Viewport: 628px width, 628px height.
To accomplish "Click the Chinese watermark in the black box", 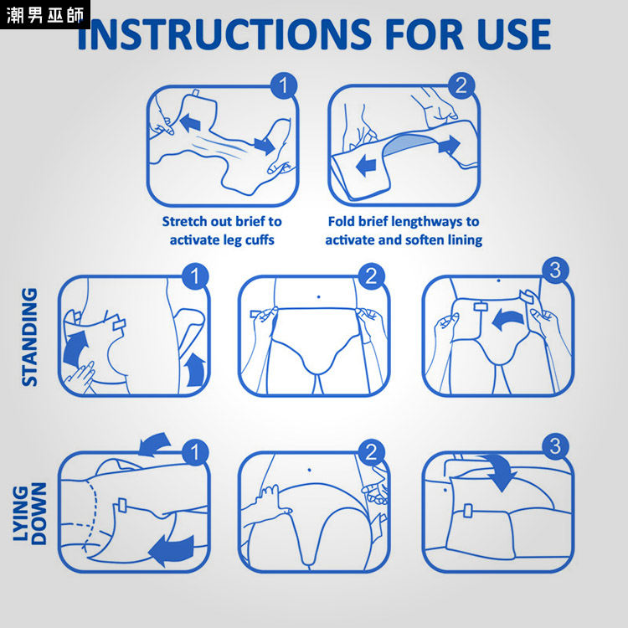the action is click(x=45, y=15).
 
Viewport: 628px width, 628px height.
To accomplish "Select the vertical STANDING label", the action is click(x=29, y=337).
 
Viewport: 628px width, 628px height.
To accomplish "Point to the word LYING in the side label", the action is click(x=21, y=513).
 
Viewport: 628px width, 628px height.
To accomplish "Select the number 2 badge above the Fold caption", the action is click(x=461, y=85).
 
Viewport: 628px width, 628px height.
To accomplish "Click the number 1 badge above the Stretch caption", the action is click(x=284, y=85).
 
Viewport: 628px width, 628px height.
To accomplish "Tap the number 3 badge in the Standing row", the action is click(x=555, y=270).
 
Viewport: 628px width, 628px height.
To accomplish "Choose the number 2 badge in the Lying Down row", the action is click(x=371, y=452).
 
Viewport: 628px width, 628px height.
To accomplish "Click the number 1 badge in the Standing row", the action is click(x=195, y=276).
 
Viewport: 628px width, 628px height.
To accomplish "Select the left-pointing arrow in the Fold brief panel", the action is click(x=366, y=166).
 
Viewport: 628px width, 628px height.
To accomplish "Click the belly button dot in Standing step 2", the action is click(x=318, y=296).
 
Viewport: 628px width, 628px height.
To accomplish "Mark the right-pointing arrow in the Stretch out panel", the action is click(x=265, y=145).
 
